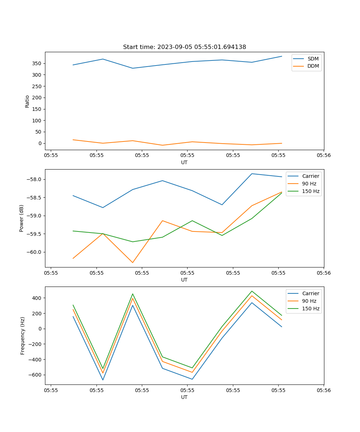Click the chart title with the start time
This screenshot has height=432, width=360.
[x=184, y=47]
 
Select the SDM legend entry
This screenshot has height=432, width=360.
[x=313, y=59]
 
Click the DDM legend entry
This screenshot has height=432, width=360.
[x=313, y=66]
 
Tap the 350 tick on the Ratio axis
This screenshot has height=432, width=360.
[x=37, y=63]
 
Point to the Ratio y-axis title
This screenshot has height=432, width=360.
[x=27, y=101]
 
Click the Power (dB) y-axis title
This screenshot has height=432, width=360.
[x=22, y=218]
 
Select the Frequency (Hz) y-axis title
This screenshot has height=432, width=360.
[x=22, y=336]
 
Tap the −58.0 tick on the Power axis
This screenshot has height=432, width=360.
[x=34, y=180]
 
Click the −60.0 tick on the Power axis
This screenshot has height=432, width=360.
[x=34, y=252]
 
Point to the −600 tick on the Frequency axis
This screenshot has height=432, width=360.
[x=35, y=375]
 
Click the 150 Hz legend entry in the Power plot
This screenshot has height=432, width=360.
[x=311, y=191]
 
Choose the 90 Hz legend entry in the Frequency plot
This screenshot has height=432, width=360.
[x=309, y=301]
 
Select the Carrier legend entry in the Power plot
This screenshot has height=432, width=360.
[x=310, y=176]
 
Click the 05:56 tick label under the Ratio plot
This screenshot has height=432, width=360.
[x=323, y=156]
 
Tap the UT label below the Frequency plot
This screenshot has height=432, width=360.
[x=184, y=397]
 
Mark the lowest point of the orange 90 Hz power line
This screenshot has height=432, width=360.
[x=132, y=262]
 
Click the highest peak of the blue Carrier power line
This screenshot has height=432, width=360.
[x=252, y=174]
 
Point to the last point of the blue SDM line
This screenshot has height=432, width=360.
[x=282, y=56]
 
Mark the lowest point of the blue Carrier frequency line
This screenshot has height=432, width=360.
[x=103, y=380]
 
